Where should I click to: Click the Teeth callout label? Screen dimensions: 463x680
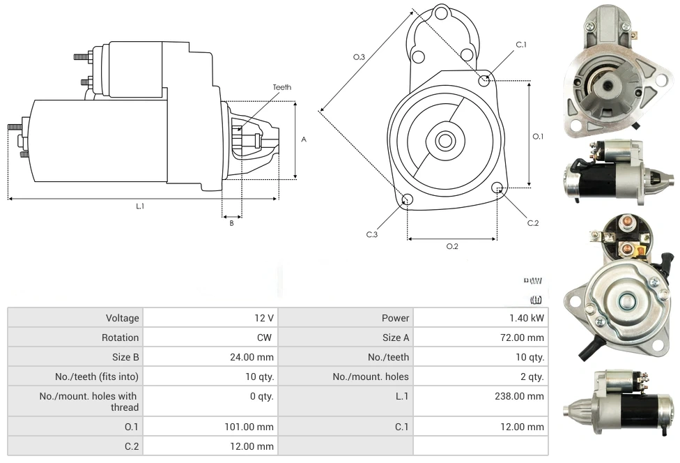pos(282,87)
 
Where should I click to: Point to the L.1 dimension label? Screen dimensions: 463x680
pos(140,206)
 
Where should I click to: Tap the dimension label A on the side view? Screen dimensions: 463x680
pos(304,139)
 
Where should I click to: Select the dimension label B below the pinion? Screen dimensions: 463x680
pos(231,223)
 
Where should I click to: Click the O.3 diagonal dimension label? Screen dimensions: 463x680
pos(359,57)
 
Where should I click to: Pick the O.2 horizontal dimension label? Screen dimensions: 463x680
pos(452,246)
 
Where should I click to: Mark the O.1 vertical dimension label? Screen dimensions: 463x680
pos(538,137)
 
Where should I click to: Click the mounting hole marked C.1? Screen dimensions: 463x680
pos(484,80)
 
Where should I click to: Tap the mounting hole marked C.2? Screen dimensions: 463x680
pos(497,188)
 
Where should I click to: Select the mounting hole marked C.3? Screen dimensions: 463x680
pos(408,201)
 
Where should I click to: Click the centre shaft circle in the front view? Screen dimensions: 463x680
pos(445,140)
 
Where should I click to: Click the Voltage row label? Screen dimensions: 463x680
pos(123,318)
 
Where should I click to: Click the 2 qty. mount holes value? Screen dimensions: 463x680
pos(531,377)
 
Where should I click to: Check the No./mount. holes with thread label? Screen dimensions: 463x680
pos(90,402)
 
